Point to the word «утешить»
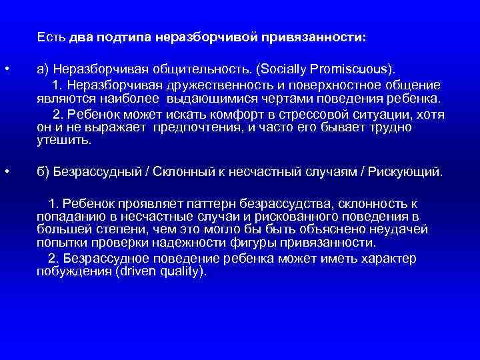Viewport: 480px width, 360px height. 63,140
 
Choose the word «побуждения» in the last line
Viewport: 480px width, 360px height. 69,272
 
